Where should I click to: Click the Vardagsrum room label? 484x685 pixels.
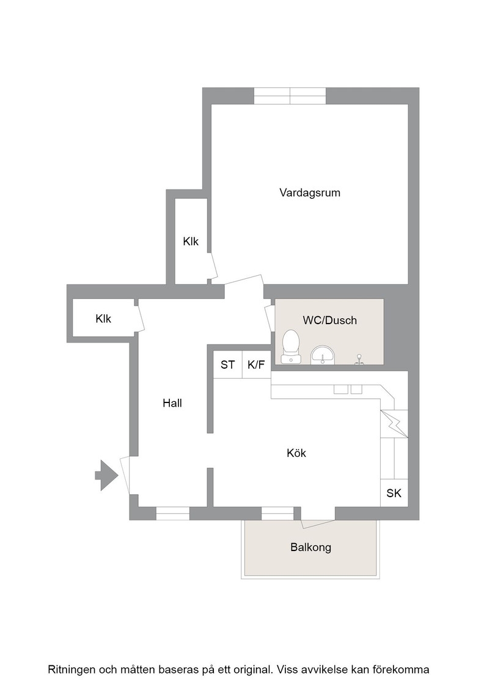coord(310,193)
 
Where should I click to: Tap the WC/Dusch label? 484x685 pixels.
coord(330,320)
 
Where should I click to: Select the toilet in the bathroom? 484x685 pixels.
coord(291,346)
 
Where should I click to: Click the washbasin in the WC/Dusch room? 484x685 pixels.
coord(323,355)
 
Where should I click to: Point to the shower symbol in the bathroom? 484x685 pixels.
coord(359,359)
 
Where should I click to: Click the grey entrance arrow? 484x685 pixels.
coord(106,475)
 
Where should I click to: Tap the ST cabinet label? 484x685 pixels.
coord(228,365)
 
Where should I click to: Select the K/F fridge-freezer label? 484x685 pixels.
coord(256,365)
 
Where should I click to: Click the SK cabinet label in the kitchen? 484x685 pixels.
coord(394,493)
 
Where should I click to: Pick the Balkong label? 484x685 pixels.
coord(310,547)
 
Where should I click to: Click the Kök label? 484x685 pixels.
coord(296,453)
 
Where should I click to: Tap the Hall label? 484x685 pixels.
coord(172,403)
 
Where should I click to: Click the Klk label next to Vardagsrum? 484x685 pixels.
coord(191,242)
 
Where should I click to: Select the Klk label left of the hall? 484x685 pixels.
coord(103,319)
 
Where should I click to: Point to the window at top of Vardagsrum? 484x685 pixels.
coord(290,95)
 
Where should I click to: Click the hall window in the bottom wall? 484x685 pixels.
coord(173,513)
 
